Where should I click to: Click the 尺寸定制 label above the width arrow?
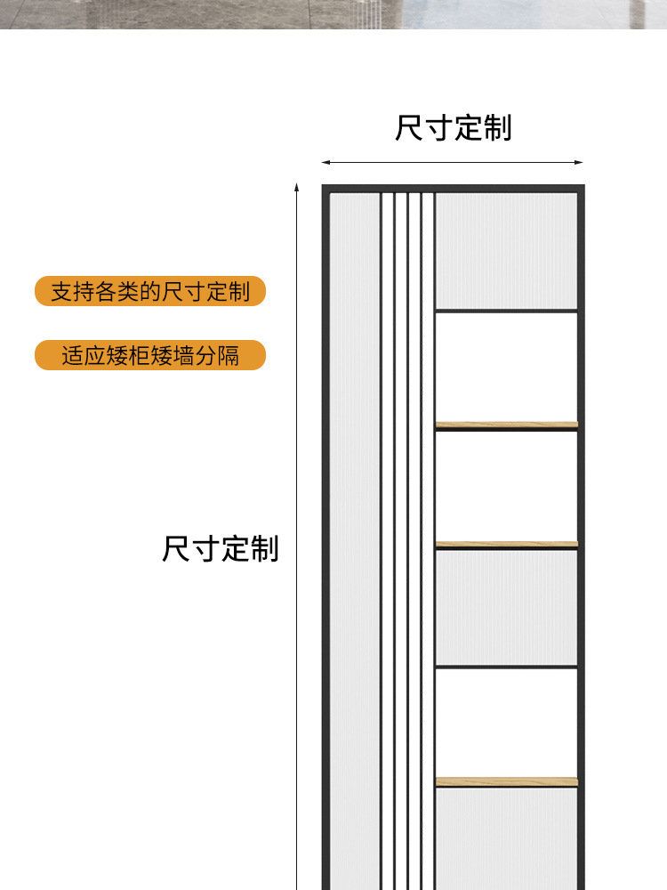click(454, 128)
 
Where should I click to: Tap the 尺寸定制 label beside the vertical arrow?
click(221, 548)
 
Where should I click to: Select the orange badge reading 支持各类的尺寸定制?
click(150, 291)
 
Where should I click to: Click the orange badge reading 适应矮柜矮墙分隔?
click(150, 355)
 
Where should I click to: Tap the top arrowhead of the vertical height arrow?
click(298, 188)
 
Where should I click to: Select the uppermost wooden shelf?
click(506, 425)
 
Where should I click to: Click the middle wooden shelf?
click(506, 544)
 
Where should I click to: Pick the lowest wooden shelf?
click(506, 781)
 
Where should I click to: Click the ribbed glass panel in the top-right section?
click(506, 251)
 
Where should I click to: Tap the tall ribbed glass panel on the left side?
click(355, 534)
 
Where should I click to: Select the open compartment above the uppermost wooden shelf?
click(506, 367)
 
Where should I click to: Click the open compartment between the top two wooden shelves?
click(506, 486)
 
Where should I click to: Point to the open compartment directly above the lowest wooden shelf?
click(506, 722)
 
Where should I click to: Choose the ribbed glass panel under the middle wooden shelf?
click(506, 607)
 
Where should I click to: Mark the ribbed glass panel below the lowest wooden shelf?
click(506, 837)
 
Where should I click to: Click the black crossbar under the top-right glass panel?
click(506, 311)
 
